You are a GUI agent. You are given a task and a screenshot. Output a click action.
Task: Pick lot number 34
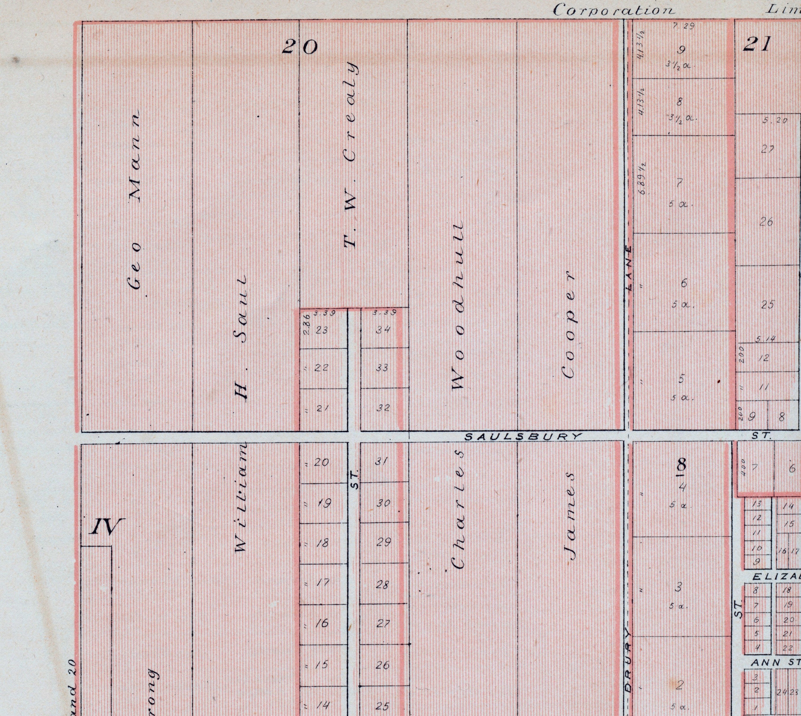pos(383,330)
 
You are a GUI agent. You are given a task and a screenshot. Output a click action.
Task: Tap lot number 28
pos(382,585)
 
